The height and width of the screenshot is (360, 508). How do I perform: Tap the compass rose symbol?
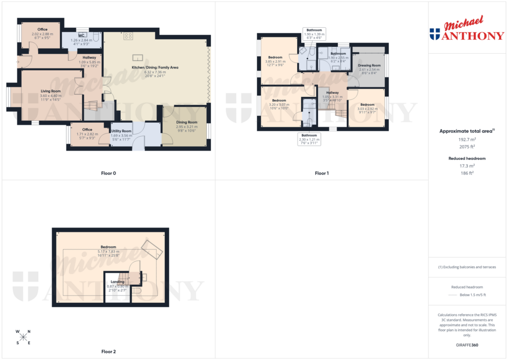[x=23, y=337]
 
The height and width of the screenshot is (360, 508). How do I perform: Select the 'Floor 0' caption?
[x=108, y=173]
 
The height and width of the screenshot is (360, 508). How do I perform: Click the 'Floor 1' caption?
[x=321, y=173]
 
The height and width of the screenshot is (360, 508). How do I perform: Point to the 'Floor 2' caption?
[x=108, y=352]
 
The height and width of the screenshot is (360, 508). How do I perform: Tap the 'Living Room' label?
[x=51, y=91]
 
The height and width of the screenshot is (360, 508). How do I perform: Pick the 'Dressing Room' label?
[x=370, y=66]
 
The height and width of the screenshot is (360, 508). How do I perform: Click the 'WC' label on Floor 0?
[x=80, y=35]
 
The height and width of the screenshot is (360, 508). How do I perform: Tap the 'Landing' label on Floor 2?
[x=118, y=282]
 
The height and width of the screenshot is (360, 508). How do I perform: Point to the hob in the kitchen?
[x=128, y=35]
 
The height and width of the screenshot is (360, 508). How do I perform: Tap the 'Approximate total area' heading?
[x=466, y=131]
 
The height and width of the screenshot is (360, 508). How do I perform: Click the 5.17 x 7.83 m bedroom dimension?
[x=108, y=251]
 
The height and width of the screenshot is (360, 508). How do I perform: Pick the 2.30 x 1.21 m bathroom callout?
[x=310, y=139]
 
